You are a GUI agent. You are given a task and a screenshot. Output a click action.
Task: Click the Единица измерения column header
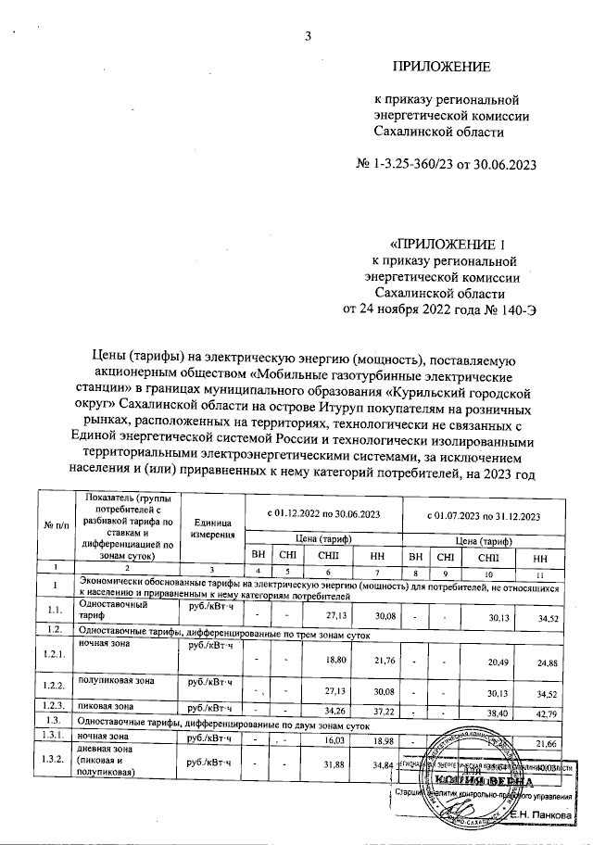(x=210, y=530)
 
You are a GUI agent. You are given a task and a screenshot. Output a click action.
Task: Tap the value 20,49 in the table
(x=488, y=661)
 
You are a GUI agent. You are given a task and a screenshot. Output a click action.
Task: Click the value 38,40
(x=488, y=709)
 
